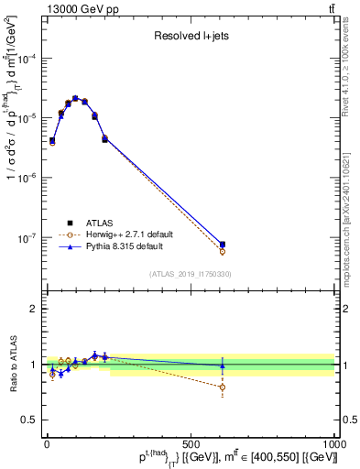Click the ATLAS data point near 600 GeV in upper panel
click(x=223, y=245)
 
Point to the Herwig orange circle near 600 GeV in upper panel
click(x=223, y=251)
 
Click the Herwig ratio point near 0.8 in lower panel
click(x=223, y=387)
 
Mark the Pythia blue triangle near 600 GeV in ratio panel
click(x=223, y=365)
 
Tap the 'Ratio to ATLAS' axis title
click(x=11, y=365)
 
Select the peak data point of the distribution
click(x=75, y=98)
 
